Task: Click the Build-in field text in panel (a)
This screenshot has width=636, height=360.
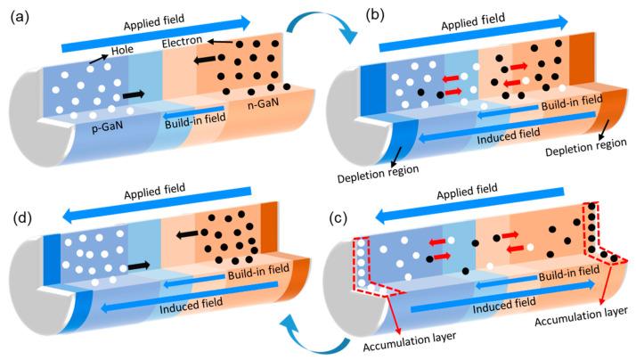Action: pos(196,124)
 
